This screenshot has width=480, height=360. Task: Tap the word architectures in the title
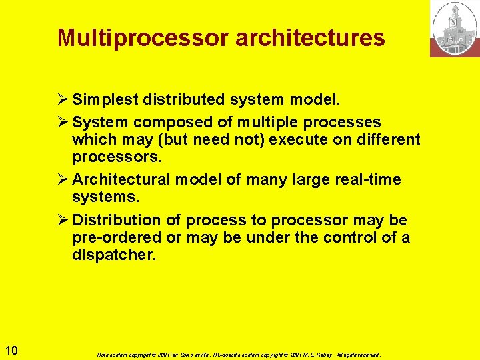tap(310, 38)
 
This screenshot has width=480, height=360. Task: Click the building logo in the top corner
tap(455, 28)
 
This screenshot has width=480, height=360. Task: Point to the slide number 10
tap(11, 351)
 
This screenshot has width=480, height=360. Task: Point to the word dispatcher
tap(114, 255)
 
